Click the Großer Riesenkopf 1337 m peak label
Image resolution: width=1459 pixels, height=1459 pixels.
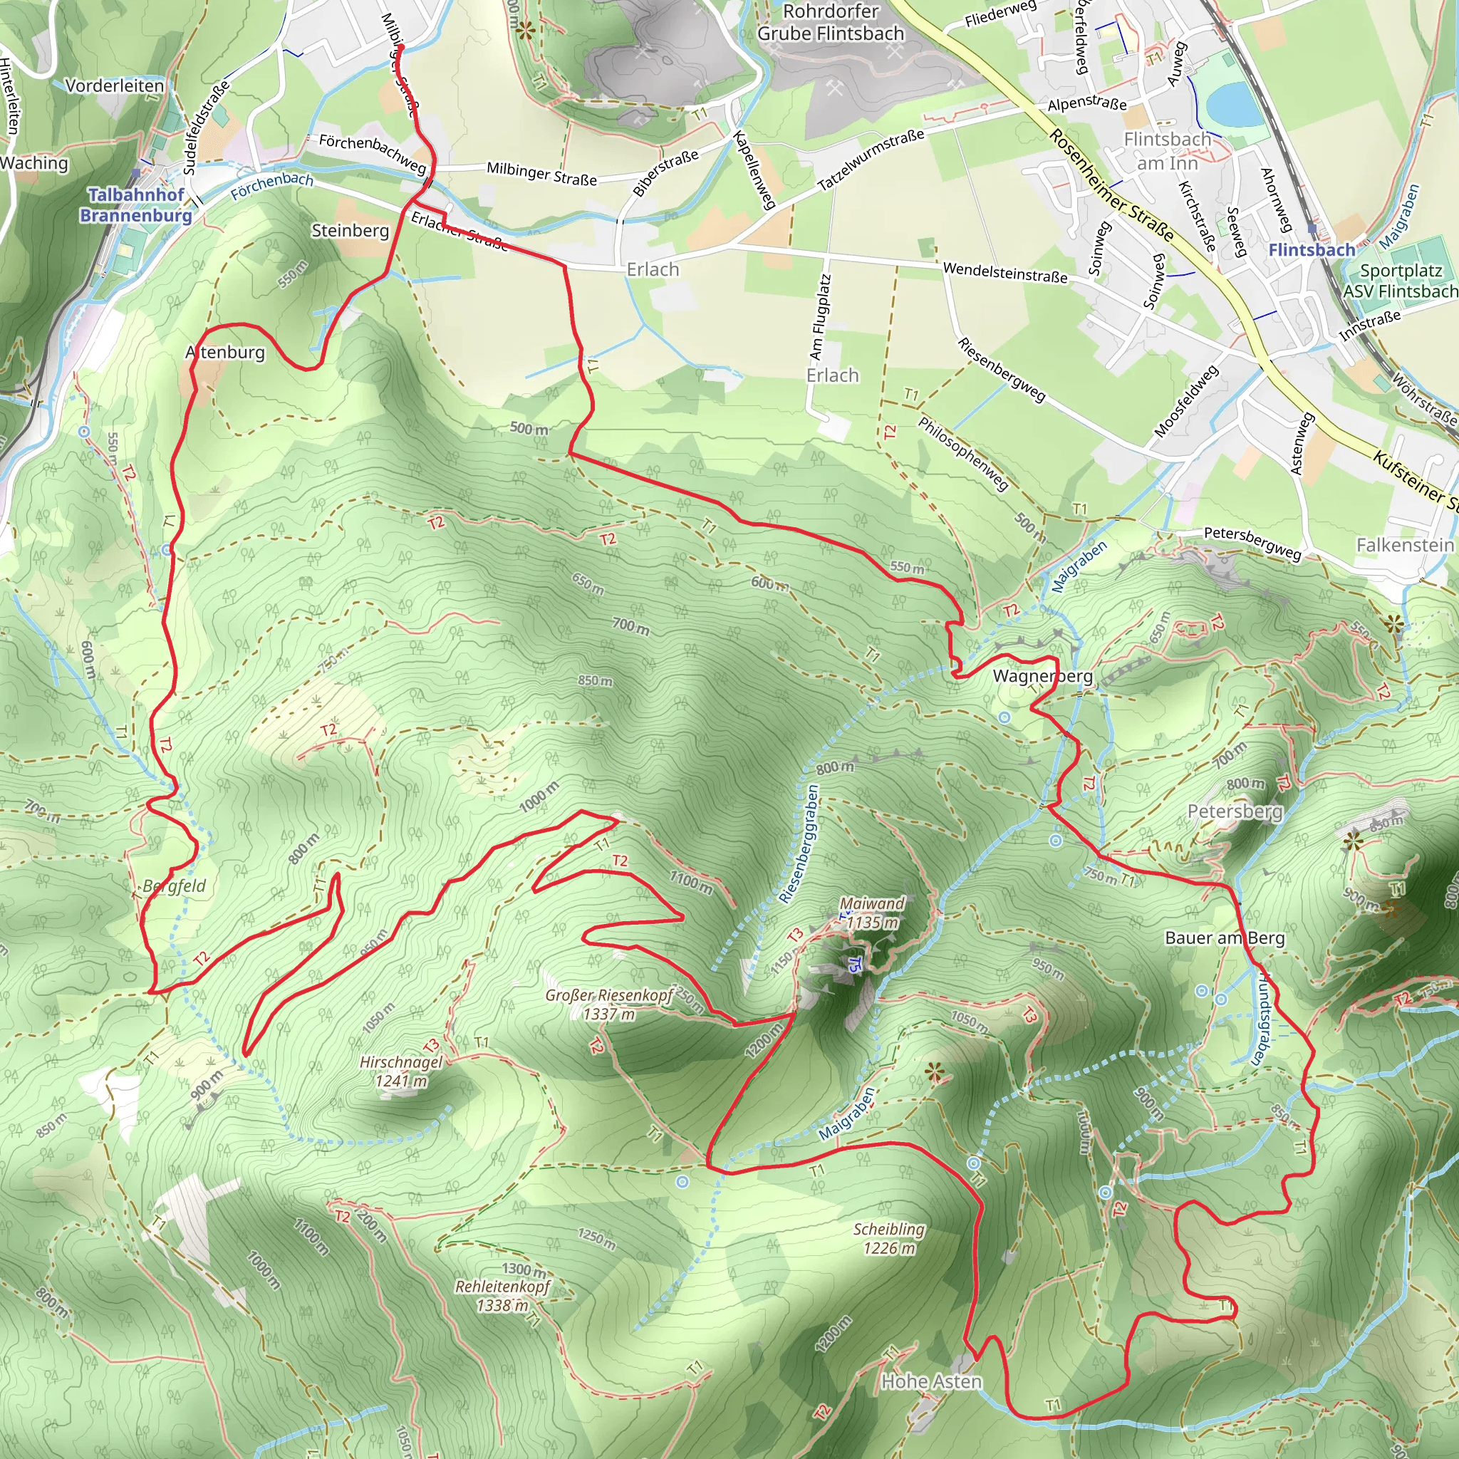(608, 1004)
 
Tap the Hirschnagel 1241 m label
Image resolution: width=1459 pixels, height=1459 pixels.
(401, 1071)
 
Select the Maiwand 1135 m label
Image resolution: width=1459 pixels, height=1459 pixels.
(872, 913)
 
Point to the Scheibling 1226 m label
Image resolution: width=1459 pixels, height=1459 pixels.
(889, 1238)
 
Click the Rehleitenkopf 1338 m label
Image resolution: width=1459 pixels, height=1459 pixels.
(502, 1295)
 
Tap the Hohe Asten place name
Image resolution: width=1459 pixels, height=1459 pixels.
(931, 1381)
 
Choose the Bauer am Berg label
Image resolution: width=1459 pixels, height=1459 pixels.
(1224, 938)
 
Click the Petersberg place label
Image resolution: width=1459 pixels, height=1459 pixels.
(1235, 812)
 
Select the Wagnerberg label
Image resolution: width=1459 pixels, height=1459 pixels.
(1042, 676)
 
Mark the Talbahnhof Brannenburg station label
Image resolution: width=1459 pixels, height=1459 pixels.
(136, 204)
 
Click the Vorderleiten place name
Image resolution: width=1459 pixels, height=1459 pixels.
(115, 85)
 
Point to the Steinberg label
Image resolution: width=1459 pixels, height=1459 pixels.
(351, 230)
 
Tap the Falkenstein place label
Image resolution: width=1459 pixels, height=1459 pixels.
(1405, 545)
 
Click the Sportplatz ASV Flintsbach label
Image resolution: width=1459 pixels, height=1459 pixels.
(1401, 281)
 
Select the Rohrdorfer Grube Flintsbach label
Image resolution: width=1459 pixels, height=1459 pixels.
(831, 23)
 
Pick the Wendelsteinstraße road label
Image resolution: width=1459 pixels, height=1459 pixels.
(1005, 273)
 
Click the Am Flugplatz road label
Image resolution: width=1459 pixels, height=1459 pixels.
(820, 316)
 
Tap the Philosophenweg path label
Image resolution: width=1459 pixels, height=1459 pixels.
(963, 453)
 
